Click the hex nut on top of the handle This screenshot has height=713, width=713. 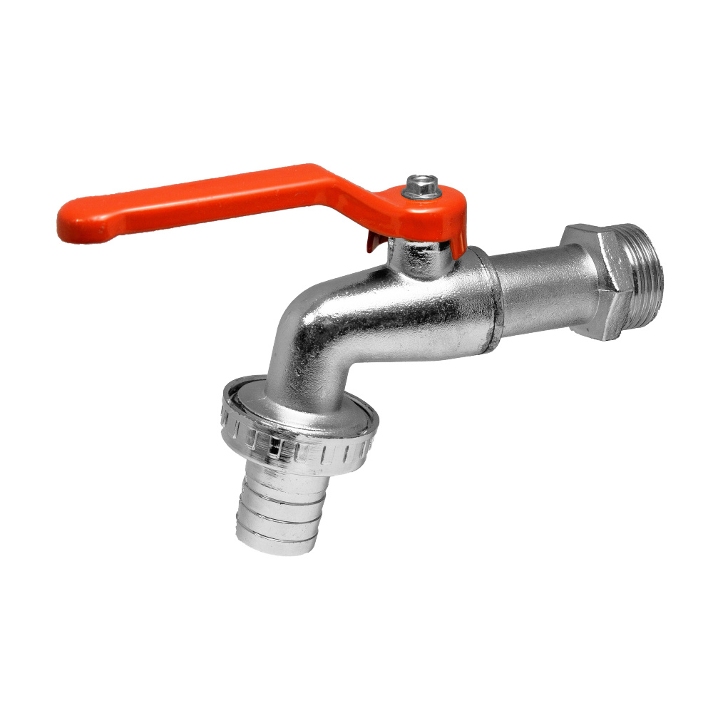tap(414, 190)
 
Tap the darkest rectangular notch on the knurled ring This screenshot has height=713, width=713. tap(273, 446)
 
